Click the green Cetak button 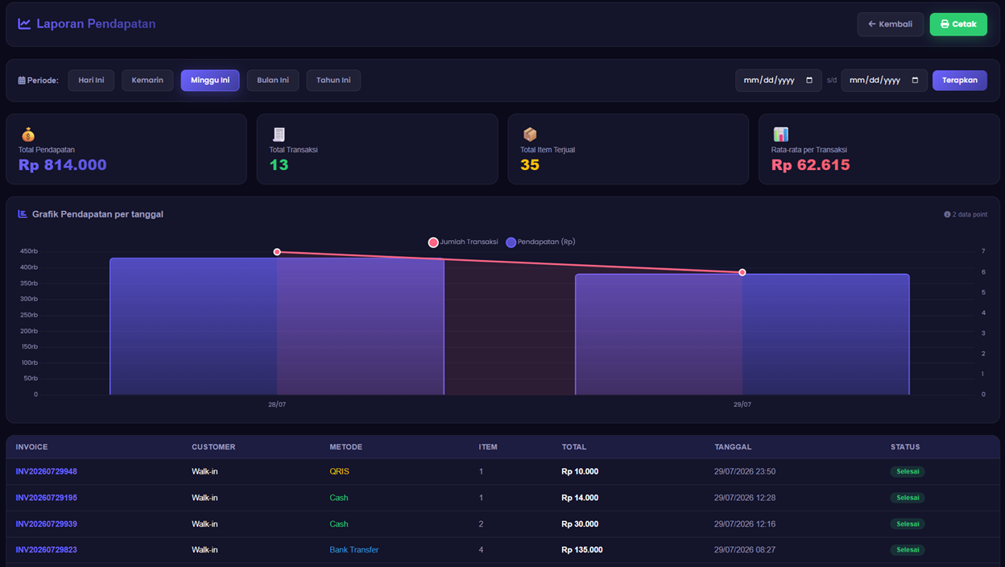(958, 24)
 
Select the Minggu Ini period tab (210, 81)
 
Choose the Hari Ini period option (91, 81)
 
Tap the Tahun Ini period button (333, 81)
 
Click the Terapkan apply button (960, 81)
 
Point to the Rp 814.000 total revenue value (62, 165)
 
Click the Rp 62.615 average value (810, 165)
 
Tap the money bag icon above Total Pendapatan (28, 135)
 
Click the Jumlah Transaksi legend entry (463, 242)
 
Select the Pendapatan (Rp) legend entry (540, 242)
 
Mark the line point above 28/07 (277, 252)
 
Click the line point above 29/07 (742, 272)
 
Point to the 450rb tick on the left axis (29, 251)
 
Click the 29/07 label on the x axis (742, 404)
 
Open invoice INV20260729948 (46, 471)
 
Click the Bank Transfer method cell (354, 550)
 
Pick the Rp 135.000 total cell (582, 550)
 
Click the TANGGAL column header (733, 447)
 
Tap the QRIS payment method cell (339, 471)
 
